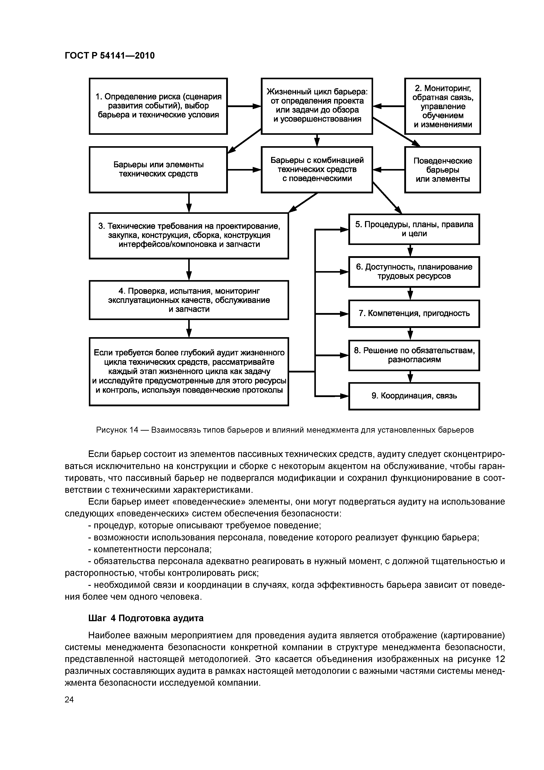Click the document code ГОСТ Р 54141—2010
[x=110, y=56]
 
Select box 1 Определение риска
[x=158, y=106]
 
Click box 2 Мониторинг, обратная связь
[x=442, y=106]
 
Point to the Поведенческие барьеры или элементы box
[x=442, y=170]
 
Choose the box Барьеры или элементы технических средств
[x=158, y=170]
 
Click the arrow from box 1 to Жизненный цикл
[x=244, y=106]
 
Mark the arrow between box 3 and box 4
[x=189, y=269]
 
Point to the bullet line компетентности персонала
[x=150, y=549]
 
